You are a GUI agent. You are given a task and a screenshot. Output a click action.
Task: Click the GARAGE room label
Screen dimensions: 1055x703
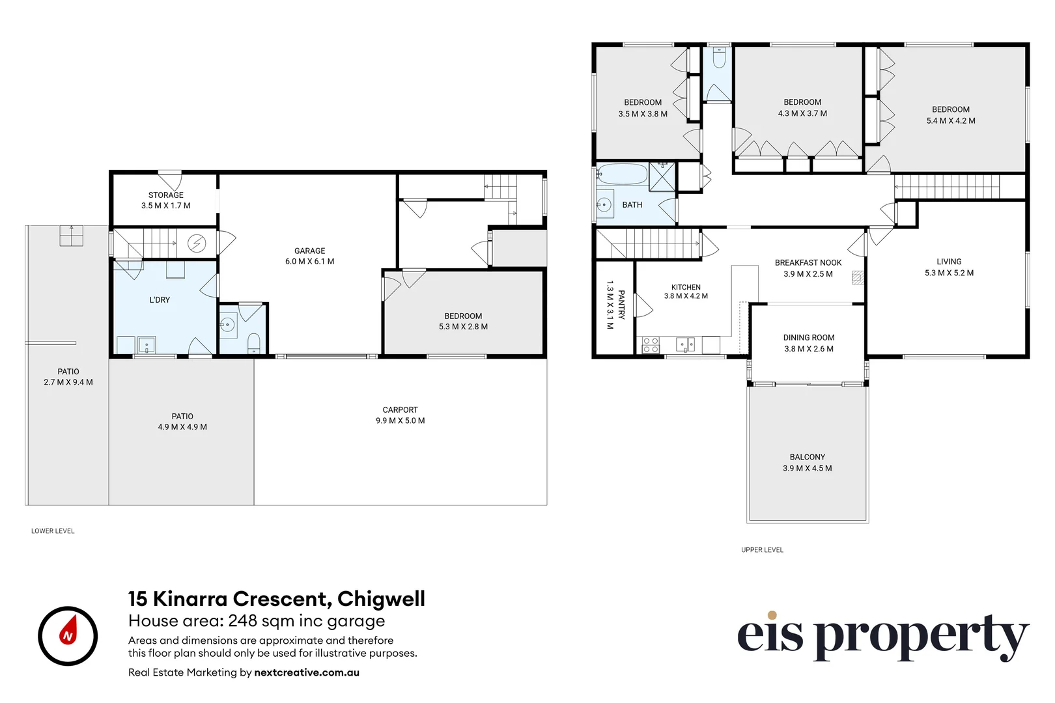tap(309, 251)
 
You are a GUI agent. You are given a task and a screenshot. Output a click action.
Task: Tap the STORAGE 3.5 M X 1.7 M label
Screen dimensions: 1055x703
tap(166, 200)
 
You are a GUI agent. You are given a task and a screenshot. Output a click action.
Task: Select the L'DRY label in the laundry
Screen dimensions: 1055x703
tap(160, 300)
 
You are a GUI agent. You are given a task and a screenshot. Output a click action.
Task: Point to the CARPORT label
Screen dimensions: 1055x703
tap(400, 410)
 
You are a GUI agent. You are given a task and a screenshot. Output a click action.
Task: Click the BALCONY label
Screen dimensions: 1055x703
tap(808, 457)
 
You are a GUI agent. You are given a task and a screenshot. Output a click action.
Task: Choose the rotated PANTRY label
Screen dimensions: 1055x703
tap(621, 305)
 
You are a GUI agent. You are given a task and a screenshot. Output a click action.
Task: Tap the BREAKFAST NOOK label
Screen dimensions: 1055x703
tap(808, 263)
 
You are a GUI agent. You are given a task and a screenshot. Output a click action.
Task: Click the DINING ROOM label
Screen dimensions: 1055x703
tap(809, 338)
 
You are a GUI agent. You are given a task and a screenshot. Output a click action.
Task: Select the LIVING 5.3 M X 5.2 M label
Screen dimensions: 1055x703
tap(949, 267)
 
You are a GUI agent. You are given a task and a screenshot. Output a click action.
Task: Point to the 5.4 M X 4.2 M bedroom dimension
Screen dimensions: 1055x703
tap(951, 120)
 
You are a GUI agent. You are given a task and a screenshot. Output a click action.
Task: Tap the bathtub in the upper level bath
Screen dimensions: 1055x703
tap(622, 174)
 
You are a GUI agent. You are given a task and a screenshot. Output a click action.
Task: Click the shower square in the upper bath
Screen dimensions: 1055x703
tap(662, 177)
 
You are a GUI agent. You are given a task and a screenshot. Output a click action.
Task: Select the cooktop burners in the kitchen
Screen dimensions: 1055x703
tap(651, 345)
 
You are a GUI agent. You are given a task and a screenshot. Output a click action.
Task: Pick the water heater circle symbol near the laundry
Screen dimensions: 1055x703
tap(197, 243)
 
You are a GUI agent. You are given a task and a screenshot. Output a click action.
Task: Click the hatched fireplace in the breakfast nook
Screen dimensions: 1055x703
tap(858, 278)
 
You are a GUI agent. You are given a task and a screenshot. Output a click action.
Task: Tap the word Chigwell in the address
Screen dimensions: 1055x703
tap(381, 599)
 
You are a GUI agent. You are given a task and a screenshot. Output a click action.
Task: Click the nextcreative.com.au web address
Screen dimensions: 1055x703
tap(307, 672)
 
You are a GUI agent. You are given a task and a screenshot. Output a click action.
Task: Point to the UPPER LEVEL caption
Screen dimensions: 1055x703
tap(762, 549)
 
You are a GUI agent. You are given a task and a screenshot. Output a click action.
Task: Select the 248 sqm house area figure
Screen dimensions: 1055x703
tap(255, 621)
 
